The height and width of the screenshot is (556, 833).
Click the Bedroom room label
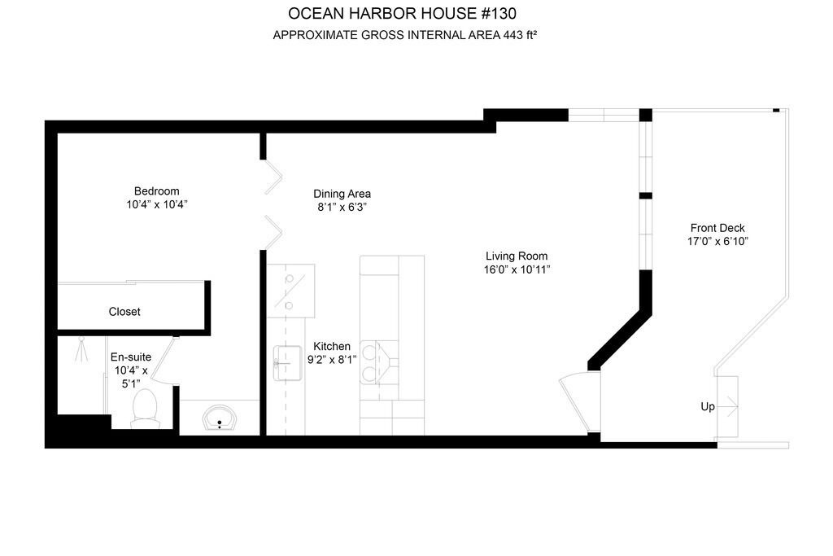coord(157,191)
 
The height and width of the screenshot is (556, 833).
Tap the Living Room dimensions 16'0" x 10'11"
coord(517,269)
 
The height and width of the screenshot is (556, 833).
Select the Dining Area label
coord(342,194)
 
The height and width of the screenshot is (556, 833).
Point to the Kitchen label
coord(332,347)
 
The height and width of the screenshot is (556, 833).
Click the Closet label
coord(124,312)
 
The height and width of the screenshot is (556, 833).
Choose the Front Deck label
coord(717,228)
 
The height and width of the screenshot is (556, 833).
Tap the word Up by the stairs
coord(708,407)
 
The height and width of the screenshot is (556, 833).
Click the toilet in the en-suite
coord(144,408)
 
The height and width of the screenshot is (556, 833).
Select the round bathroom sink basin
coord(220,418)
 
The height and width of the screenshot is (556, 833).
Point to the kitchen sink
coord(287,363)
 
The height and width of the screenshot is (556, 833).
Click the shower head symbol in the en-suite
coord(81,349)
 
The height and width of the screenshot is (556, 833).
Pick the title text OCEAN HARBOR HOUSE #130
coord(402,13)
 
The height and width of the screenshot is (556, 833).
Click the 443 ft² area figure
coord(520,35)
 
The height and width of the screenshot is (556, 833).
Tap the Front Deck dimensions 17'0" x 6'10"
coord(717,241)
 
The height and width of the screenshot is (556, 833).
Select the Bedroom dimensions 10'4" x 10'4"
coord(157,204)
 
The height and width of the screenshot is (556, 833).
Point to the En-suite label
coord(131,357)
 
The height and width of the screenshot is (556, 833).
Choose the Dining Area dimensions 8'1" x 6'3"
coord(342,208)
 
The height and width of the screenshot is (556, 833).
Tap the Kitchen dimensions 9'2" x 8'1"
coord(332,360)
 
